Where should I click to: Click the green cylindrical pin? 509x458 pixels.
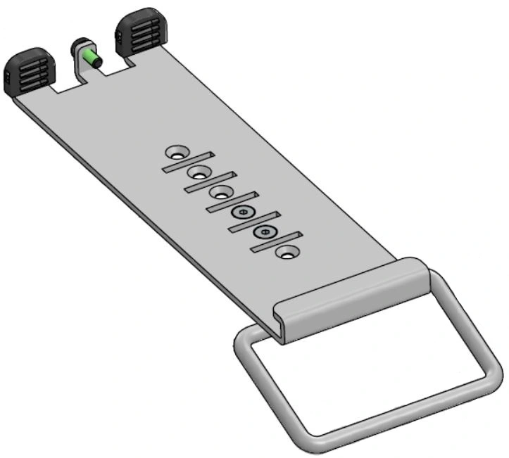click(x=89, y=57)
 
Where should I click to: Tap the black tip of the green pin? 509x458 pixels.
click(x=98, y=63)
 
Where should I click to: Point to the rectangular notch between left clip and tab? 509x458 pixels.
click(x=63, y=84)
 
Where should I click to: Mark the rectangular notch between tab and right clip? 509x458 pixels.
click(x=113, y=68)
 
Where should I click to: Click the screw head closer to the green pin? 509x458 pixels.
click(x=244, y=212)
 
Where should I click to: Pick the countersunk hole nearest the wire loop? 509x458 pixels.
click(x=287, y=251)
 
